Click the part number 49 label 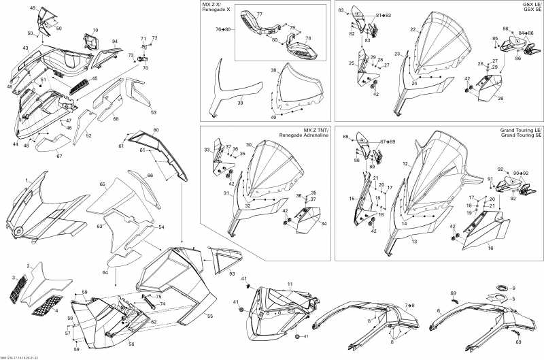click(x=33, y=7)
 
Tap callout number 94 click(x=114, y=42)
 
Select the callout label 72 click(x=154, y=38)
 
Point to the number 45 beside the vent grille click(x=95, y=79)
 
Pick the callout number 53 click(x=154, y=112)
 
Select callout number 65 click(x=102, y=184)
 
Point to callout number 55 click(x=209, y=316)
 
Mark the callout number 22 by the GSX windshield click(x=413, y=30)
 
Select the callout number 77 click(x=258, y=14)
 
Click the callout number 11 click(x=289, y=284)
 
